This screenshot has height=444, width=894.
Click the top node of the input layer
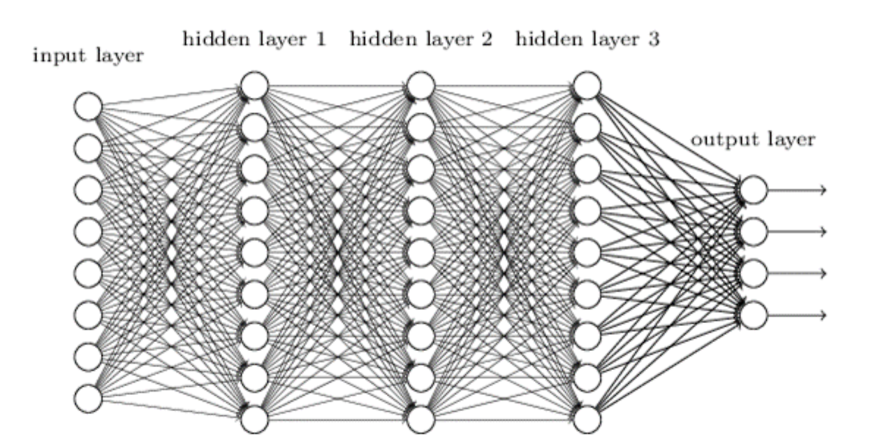89,107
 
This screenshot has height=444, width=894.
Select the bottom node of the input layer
89,397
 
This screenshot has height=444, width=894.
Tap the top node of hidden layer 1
254,86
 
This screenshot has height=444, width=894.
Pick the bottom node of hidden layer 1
254,419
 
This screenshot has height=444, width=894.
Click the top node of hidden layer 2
420,86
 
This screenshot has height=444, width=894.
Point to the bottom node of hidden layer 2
420,419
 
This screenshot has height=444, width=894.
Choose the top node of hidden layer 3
587,86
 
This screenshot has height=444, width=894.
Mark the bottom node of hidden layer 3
587,419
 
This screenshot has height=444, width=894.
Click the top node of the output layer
754,189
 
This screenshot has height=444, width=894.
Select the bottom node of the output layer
754,315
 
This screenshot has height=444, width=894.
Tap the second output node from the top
754,231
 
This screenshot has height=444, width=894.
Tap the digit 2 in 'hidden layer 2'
487,40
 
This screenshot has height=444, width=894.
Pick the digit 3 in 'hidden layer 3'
653,40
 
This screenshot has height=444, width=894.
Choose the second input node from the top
89,148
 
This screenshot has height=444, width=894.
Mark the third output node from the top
754,273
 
